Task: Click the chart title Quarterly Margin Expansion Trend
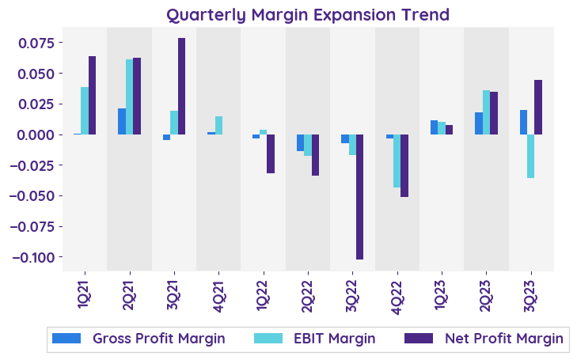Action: point(308,14)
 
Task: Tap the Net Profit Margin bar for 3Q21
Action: point(181,86)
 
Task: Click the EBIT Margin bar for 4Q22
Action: point(397,161)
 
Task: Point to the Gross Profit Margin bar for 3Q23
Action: point(524,123)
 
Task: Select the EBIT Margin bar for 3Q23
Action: point(531,156)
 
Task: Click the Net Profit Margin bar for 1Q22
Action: point(271,153)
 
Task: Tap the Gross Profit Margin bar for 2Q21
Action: point(122,122)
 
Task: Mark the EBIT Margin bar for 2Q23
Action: point(487,112)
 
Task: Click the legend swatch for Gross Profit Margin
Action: point(66,339)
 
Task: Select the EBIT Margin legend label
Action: point(335,339)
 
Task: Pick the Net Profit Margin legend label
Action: point(503,339)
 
